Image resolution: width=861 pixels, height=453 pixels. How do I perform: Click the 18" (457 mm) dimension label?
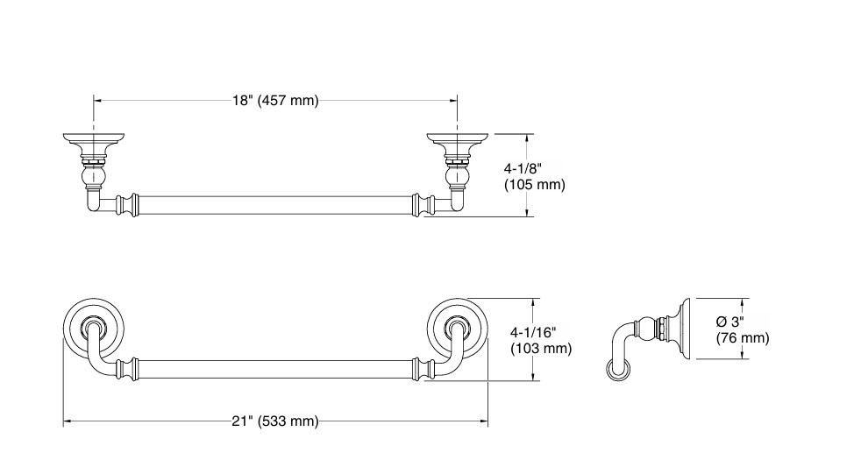[275, 101]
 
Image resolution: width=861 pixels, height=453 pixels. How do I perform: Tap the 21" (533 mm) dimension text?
[275, 421]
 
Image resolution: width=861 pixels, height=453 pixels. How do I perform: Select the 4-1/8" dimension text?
[523, 168]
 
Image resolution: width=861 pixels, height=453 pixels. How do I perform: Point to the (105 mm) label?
[535, 184]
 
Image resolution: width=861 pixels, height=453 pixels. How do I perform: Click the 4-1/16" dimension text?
[533, 332]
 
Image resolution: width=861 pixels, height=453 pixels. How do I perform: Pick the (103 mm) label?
[542, 348]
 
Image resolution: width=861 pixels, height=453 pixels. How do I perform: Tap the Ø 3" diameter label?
[730, 322]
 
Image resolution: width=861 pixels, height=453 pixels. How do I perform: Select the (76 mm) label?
[743, 338]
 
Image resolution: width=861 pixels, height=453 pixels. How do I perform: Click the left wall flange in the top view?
[94, 141]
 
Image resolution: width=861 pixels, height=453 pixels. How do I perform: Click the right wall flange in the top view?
[458, 141]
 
